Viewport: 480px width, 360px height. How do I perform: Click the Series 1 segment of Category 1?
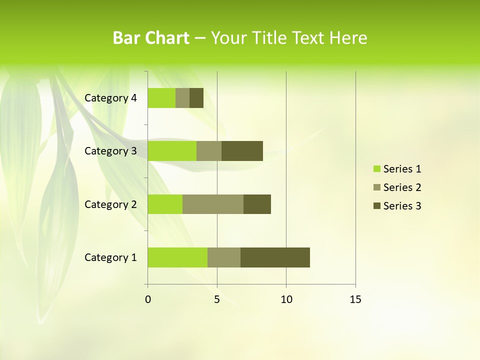177,257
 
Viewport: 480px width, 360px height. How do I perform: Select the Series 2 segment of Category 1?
224,257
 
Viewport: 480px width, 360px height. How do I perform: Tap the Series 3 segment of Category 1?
275,257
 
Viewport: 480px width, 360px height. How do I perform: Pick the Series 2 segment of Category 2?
213,204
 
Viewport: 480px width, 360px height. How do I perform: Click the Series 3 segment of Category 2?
257,204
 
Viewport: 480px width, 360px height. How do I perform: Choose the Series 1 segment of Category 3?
172,151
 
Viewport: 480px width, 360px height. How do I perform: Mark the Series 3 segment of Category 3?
242,151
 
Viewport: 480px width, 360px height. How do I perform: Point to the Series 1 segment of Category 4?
161,98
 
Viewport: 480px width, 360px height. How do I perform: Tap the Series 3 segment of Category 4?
196,98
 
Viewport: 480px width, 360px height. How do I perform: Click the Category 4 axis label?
110,98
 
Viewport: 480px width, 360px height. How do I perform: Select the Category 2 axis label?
110,204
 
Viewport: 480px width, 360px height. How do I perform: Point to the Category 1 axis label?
110,257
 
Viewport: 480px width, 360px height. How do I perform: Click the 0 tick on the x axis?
148,299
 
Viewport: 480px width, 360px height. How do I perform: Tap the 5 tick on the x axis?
217,299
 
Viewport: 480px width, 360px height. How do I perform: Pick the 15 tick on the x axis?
355,299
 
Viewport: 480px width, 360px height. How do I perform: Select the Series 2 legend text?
402,187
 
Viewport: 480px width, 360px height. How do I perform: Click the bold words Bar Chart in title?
151,38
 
